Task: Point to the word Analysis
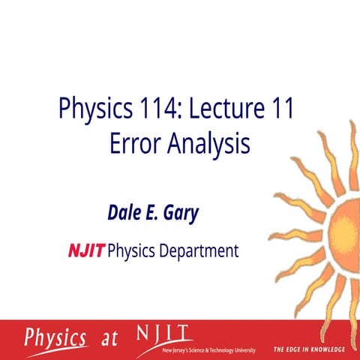click(207, 144)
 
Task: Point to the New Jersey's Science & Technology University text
click(208, 350)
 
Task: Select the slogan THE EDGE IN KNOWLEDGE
click(308, 349)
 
